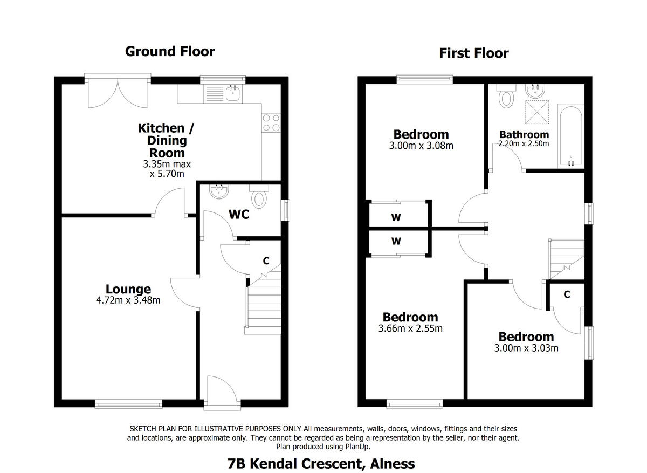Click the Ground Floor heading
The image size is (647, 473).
coord(170,51)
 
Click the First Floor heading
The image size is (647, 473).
coord(473,53)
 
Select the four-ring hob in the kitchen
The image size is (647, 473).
coord(271,123)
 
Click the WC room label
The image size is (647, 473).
coord(239,215)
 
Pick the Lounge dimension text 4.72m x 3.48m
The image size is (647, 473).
coord(128,300)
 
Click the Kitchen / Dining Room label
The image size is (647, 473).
coord(162,140)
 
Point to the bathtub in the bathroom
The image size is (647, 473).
coord(570,138)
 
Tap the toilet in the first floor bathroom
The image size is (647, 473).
coord(506,98)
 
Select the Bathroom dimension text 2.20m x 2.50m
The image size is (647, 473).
coord(524,144)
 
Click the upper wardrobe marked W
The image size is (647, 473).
coord(396,217)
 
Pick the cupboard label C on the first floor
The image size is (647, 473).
coord(567,294)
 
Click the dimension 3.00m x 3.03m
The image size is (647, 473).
coord(526,348)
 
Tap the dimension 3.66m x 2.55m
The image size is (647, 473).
coord(410,328)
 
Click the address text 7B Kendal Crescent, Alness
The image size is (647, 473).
coord(321,463)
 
